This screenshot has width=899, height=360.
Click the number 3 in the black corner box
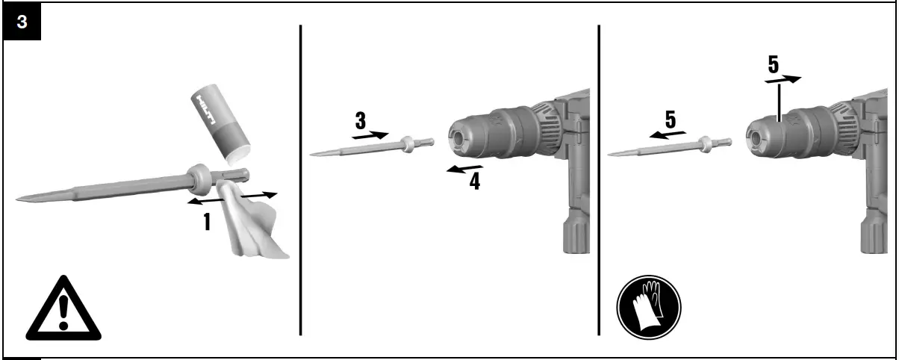(x=22, y=22)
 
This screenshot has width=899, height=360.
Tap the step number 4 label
(x=475, y=180)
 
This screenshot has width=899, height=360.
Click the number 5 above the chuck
(x=774, y=65)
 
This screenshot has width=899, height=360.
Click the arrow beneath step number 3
(x=370, y=136)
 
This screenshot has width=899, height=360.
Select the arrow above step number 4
(x=464, y=169)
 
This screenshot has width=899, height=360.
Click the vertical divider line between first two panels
(x=301, y=179)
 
